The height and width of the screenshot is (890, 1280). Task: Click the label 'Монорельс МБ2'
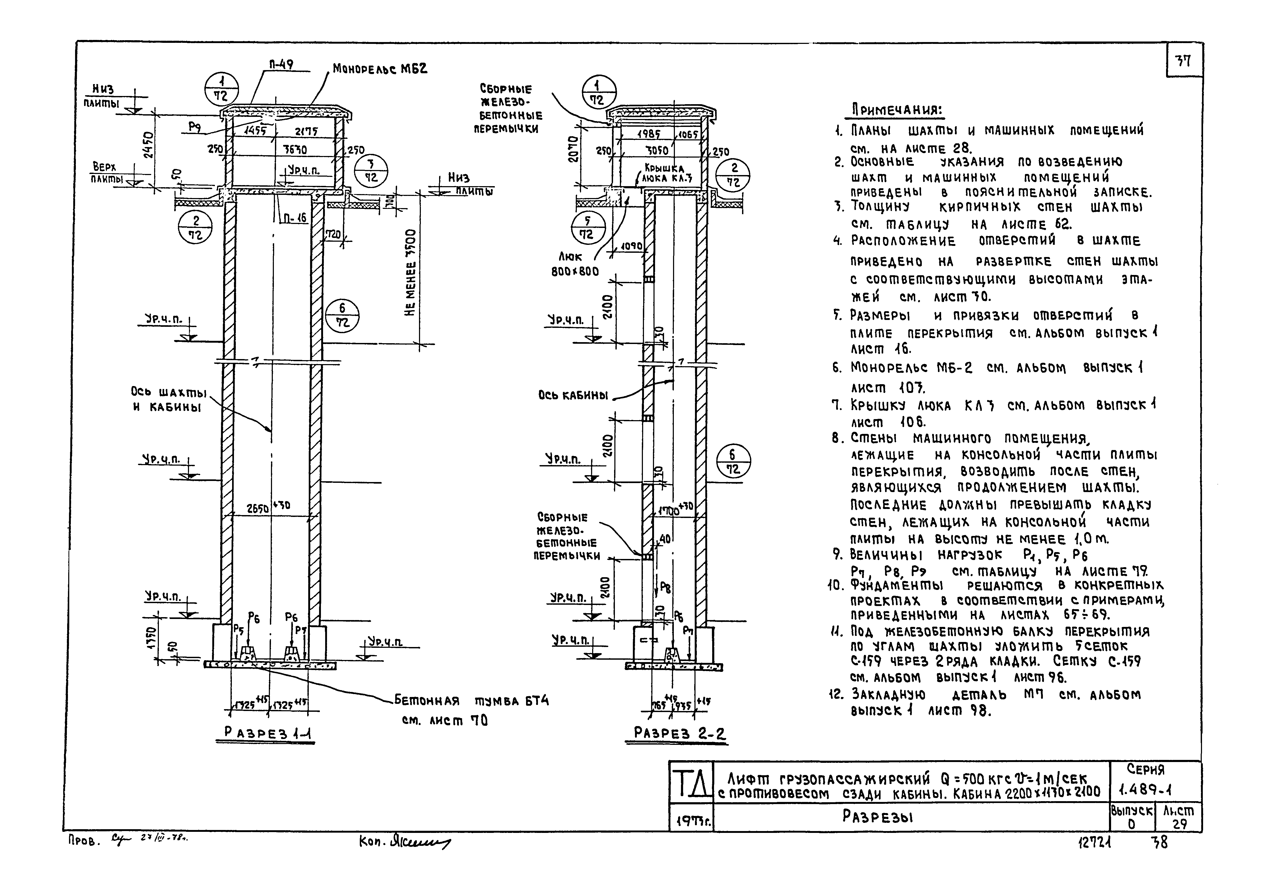point(380,69)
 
